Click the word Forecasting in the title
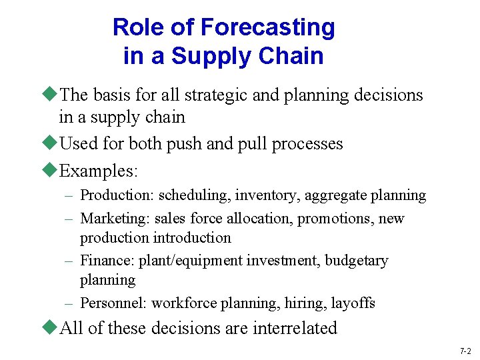(x=267, y=28)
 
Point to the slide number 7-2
(x=465, y=351)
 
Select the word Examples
(x=99, y=171)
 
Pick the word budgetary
(x=356, y=261)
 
